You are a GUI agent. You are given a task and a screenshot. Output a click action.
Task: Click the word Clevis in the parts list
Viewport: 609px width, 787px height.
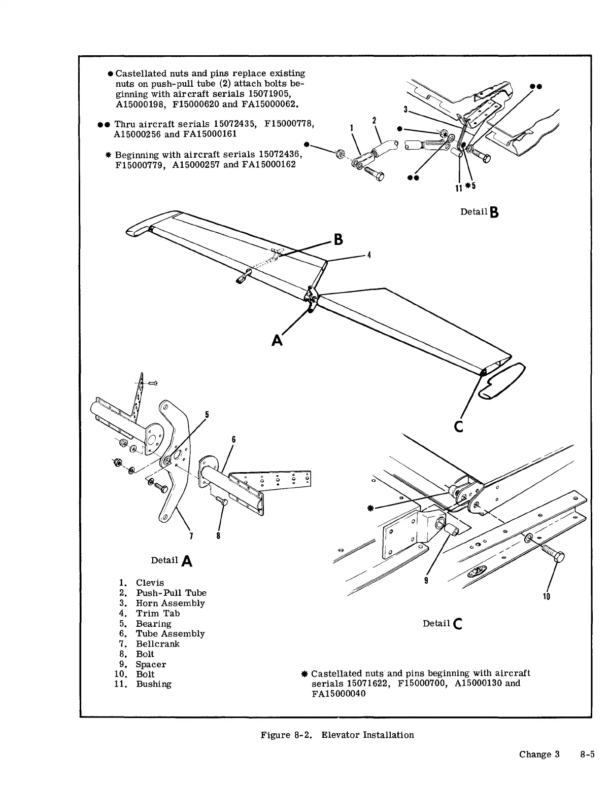point(150,583)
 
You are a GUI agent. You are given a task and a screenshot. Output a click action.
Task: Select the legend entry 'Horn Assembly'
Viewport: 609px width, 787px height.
point(170,603)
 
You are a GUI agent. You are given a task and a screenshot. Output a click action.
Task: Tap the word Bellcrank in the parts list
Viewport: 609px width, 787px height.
point(157,643)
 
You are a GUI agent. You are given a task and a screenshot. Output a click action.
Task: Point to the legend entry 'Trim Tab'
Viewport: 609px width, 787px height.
point(157,613)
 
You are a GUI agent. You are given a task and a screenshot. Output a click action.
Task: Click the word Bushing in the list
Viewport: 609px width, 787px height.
point(153,684)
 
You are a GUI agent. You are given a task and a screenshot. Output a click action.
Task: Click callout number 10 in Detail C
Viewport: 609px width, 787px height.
point(547,596)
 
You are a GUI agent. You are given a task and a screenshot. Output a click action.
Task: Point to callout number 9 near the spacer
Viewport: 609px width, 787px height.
point(426,581)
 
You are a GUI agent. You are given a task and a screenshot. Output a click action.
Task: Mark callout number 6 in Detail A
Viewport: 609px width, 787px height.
point(233,439)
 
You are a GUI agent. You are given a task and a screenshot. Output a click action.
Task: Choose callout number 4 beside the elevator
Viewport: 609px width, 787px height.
point(369,255)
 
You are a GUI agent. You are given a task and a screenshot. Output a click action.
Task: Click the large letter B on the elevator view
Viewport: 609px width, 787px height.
point(339,239)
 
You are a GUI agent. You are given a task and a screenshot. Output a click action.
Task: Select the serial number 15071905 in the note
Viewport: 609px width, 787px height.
point(268,94)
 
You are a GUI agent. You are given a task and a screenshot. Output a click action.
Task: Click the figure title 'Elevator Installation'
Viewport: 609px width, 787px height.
point(367,735)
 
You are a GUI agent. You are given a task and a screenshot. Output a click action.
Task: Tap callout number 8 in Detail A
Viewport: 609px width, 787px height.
point(218,535)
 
